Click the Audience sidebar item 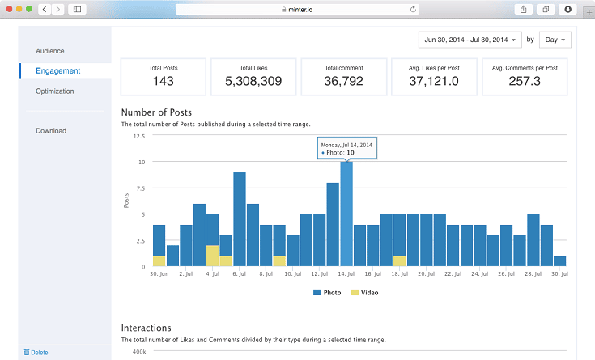(49, 51)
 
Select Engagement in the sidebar (57, 71)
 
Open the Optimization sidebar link (54, 91)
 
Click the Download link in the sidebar (51, 131)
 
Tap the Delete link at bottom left (36, 352)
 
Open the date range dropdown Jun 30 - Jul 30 (469, 40)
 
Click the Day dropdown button (555, 40)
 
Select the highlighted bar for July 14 (346, 214)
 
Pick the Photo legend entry (329, 292)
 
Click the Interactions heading (146, 328)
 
